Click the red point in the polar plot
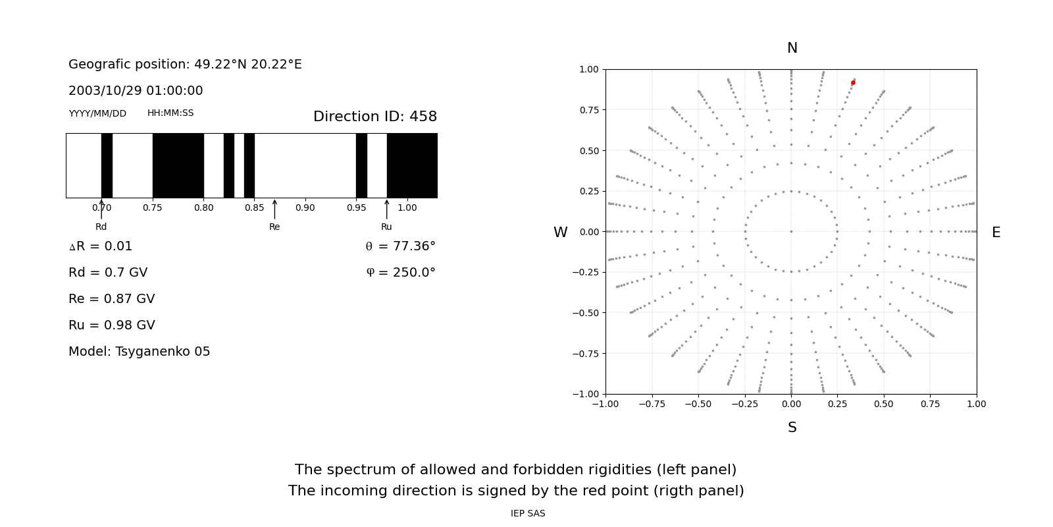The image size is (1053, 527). [853, 82]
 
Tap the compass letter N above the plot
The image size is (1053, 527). [792, 48]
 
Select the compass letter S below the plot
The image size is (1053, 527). [792, 428]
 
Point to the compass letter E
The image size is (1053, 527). [996, 233]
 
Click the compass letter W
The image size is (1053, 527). [560, 233]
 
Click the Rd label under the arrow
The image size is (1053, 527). [101, 227]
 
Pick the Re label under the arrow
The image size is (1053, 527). [274, 227]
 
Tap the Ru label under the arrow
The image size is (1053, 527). [386, 227]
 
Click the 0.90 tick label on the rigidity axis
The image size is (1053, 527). [305, 208]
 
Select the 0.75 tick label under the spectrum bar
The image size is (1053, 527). [152, 208]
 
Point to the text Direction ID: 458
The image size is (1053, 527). [374, 117]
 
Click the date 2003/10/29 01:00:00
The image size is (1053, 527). [136, 91]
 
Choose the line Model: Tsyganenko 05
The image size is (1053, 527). [140, 352]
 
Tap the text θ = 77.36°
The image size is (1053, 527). [400, 246]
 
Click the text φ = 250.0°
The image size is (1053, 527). [400, 273]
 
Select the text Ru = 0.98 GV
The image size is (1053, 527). [112, 325]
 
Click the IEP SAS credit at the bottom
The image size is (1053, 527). [528, 513]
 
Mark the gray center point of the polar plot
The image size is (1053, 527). [791, 231]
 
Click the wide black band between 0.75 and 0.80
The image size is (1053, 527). [178, 165]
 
